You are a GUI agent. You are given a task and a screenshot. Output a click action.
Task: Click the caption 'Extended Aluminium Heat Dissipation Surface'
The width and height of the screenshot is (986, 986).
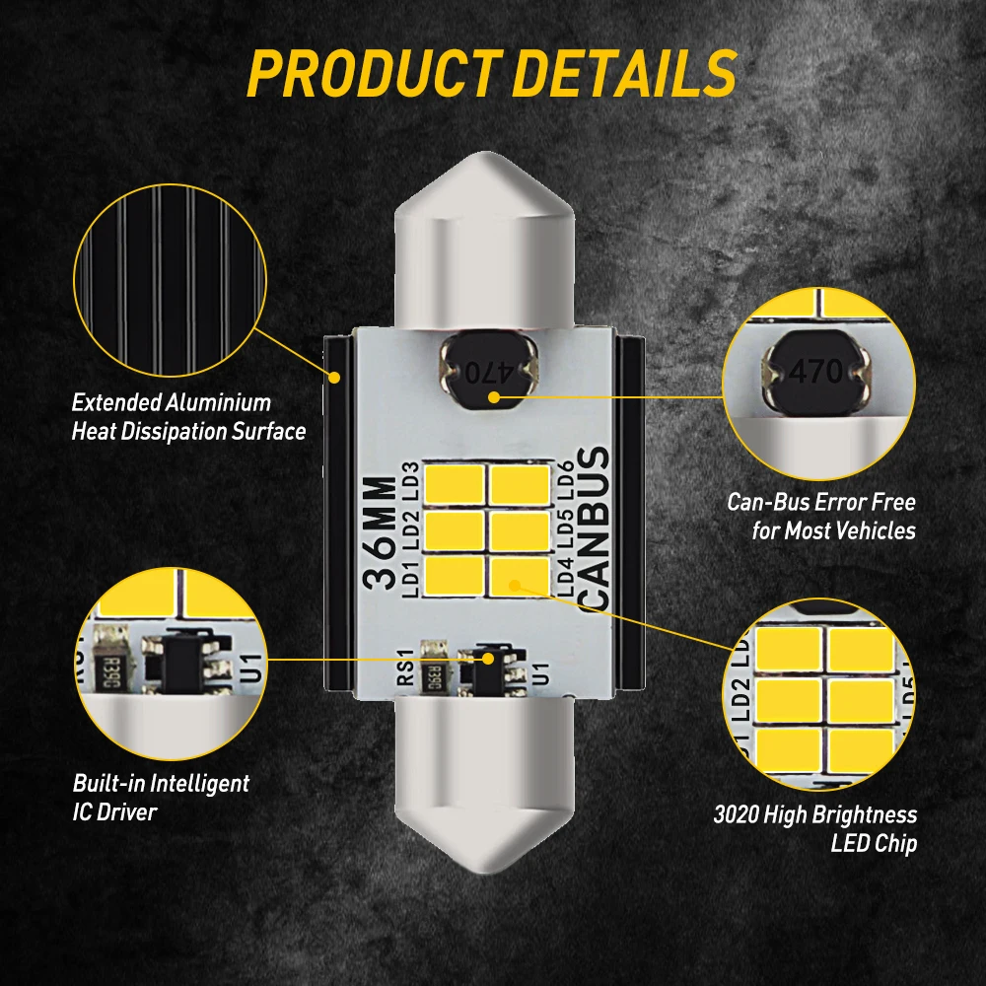(x=188, y=417)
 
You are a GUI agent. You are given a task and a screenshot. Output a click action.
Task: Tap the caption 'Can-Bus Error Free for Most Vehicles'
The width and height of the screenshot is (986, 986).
(x=821, y=516)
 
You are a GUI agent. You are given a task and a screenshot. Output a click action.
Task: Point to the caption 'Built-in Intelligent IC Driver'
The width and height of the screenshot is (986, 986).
(x=161, y=798)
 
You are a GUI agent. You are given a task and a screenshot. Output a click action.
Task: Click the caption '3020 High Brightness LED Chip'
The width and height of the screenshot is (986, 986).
(x=814, y=829)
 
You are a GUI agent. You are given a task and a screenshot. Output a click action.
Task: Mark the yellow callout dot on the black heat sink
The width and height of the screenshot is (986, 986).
(x=335, y=377)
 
